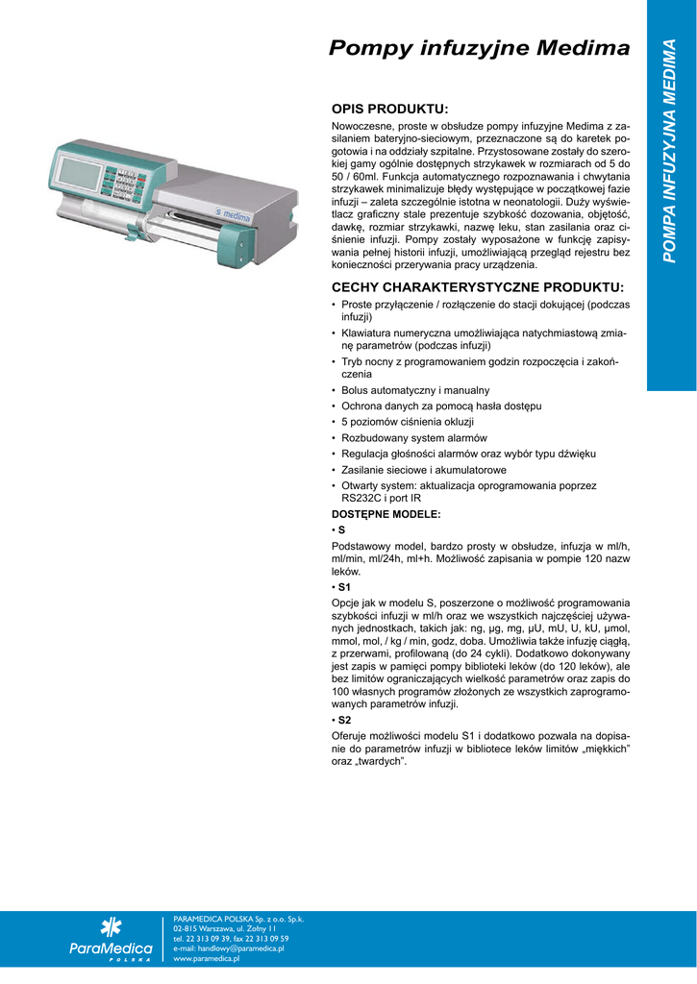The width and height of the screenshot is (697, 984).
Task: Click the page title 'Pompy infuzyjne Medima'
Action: pyautogui.click(x=479, y=48)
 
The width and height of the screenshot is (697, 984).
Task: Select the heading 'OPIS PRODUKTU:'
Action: pyautogui.click(x=390, y=109)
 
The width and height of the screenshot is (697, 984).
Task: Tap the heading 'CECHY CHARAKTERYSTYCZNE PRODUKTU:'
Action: pyautogui.click(x=477, y=287)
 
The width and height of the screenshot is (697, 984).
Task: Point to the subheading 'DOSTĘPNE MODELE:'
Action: pyautogui.click(x=386, y=514)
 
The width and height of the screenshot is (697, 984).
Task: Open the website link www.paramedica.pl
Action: pyautogui.click(x=206, y=958)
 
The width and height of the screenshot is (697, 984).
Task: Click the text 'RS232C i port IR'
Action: pyautogui.click(x=384, y=499)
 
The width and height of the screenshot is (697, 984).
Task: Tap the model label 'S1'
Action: pyautogui.click(x=344, y=585)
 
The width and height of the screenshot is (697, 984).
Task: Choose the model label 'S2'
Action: pyautogui.click(x=344, y=719)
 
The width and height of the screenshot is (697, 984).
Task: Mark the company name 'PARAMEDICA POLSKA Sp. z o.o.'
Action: pyautogui.click(x=230, y=919)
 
